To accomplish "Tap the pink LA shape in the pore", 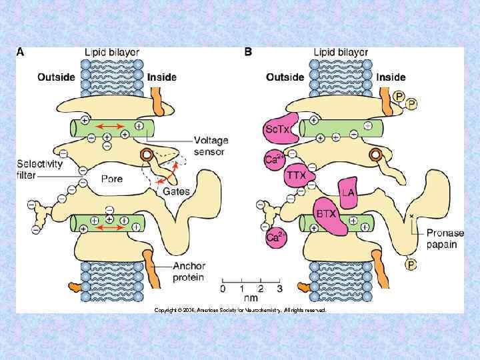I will click(x=348, y=193).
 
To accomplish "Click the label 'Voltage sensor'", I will click(x=211, y=146).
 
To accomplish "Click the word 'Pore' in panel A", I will click(x=112, y=179).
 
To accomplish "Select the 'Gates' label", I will click(x=177, y=191).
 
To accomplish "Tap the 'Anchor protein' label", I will click(x=189, y=272).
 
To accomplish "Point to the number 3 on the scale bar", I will click(x=279, y=289).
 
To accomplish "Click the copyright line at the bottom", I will click(x=240, y=310).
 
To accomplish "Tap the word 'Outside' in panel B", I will click(x=285, y=77).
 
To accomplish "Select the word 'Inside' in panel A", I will click(x=162, y=77).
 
